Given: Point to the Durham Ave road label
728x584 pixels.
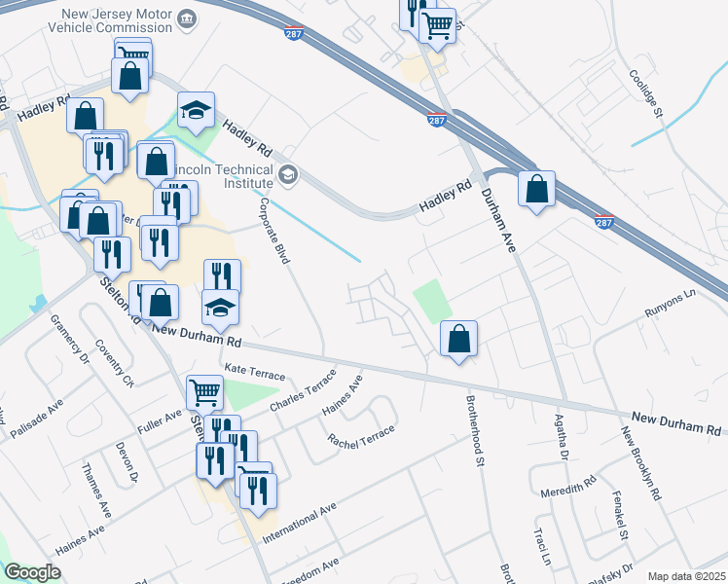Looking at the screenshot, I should [x=497, y=221].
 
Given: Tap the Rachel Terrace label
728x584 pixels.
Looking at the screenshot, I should [x=362, y=437].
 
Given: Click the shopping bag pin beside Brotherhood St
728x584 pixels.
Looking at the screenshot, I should [x=458, y=340].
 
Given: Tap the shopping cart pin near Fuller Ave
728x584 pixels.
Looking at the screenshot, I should [x=204, y=393].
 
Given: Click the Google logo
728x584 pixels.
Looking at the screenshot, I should [x=32, y=573].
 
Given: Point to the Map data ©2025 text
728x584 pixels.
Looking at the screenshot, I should [x=686, y=576].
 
